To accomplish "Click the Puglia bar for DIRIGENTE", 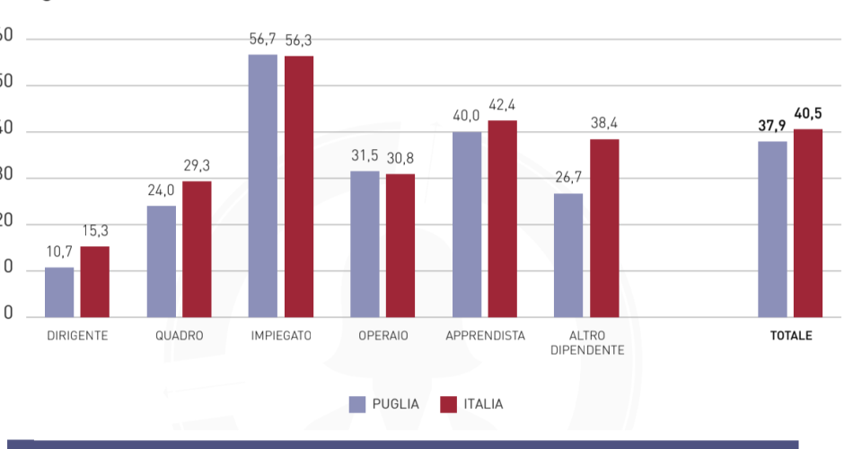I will tap(59, 292).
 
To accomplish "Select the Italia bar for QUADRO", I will tap(197, 249).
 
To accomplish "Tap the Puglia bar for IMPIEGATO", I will tap(263, 185).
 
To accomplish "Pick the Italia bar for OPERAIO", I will tap(400, 245).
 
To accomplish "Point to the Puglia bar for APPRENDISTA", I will tap(467, 224).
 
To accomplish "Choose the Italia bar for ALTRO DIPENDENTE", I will tap(604, 228).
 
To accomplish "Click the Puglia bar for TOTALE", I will tap(772, 229).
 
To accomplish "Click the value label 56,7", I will tap(263, 40).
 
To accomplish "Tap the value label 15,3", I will tap(95, 232).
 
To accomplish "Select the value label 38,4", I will tap(604, 124).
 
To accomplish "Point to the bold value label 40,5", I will tap(807, 114).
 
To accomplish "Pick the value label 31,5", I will tap(365, 155).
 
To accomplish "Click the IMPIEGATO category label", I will tap(281, 336).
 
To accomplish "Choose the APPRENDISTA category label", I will tap(485, 336).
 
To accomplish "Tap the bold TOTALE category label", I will tap(790, 336).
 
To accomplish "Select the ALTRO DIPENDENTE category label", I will tap(586, 343).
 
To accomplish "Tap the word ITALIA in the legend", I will tap(483, 404).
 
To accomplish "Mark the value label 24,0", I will tap(162, 190).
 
